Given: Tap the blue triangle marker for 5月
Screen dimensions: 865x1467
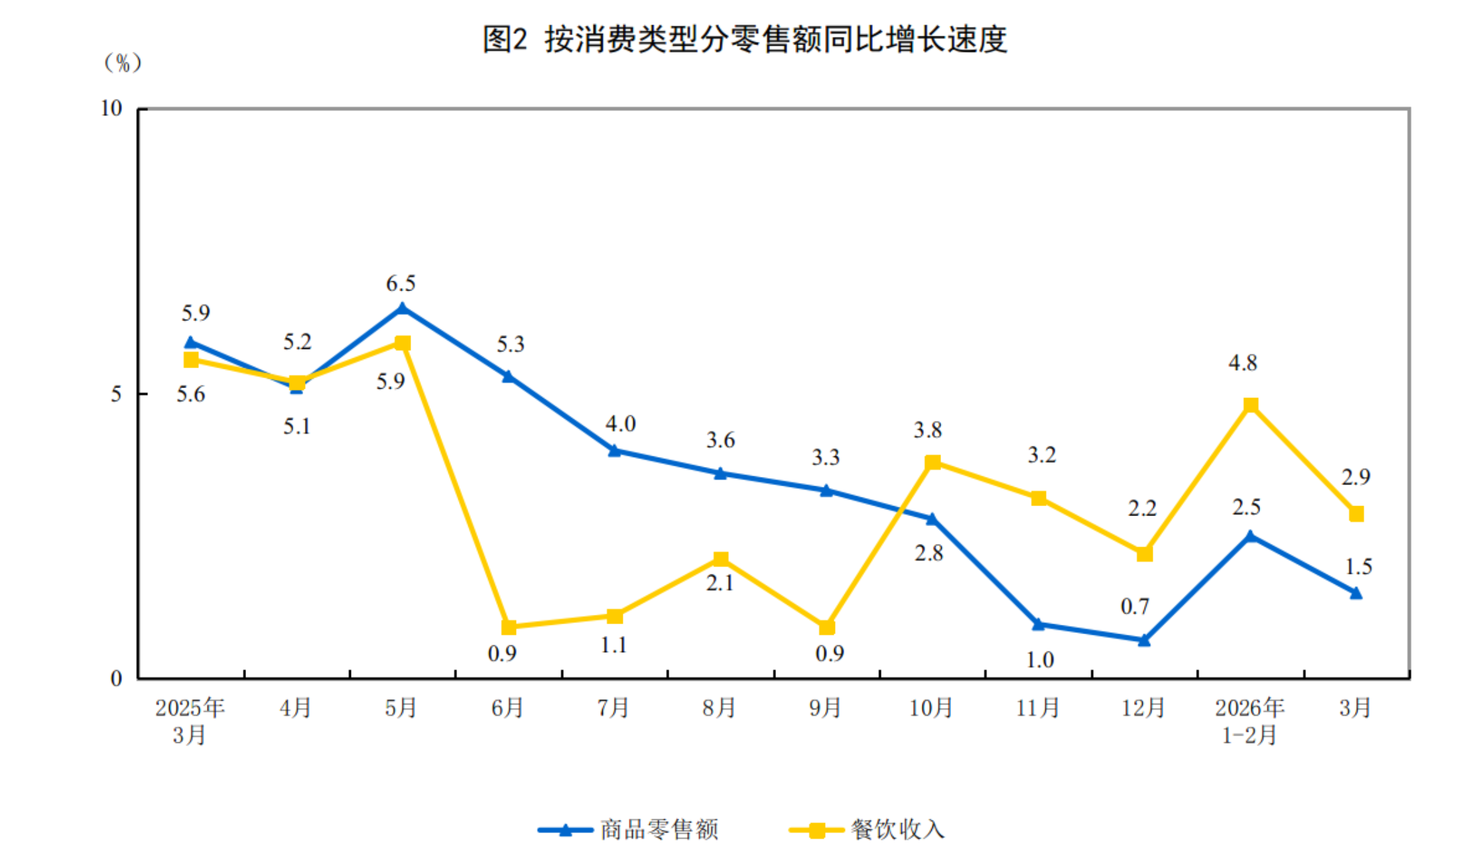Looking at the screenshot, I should [403, 308].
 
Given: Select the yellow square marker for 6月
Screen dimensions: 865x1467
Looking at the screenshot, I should [509, 627].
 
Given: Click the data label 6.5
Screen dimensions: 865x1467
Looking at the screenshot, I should [401, 284].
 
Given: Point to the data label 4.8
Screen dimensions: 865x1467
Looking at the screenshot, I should [1243, 363].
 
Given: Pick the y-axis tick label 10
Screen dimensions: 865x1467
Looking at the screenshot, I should [111, 108].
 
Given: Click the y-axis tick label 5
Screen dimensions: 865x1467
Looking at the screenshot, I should [116, 394].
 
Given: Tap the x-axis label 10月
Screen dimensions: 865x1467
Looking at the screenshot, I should [931, 708].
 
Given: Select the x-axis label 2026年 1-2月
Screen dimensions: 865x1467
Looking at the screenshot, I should [1249, 721].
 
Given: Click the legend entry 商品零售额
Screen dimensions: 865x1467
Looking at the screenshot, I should [659, 830].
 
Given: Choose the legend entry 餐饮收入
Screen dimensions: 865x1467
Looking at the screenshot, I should [897, 830].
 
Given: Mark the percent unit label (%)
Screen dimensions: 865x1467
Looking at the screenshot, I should [123, 63].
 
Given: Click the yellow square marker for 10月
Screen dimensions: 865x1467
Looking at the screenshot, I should [932, 462].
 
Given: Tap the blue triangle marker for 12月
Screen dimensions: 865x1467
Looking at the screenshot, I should [1144, 640].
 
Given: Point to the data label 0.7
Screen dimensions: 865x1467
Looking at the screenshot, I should [1135, 606].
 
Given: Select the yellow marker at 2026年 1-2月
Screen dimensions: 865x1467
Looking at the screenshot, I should [1251, 405].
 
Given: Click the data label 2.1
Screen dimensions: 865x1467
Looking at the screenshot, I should [720, 583].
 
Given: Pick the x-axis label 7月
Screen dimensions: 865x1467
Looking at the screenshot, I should [613, 708].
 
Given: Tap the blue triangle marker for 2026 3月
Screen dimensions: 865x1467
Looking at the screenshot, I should [1356, 593].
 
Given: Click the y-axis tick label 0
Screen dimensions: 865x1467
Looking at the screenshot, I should [116, 679].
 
